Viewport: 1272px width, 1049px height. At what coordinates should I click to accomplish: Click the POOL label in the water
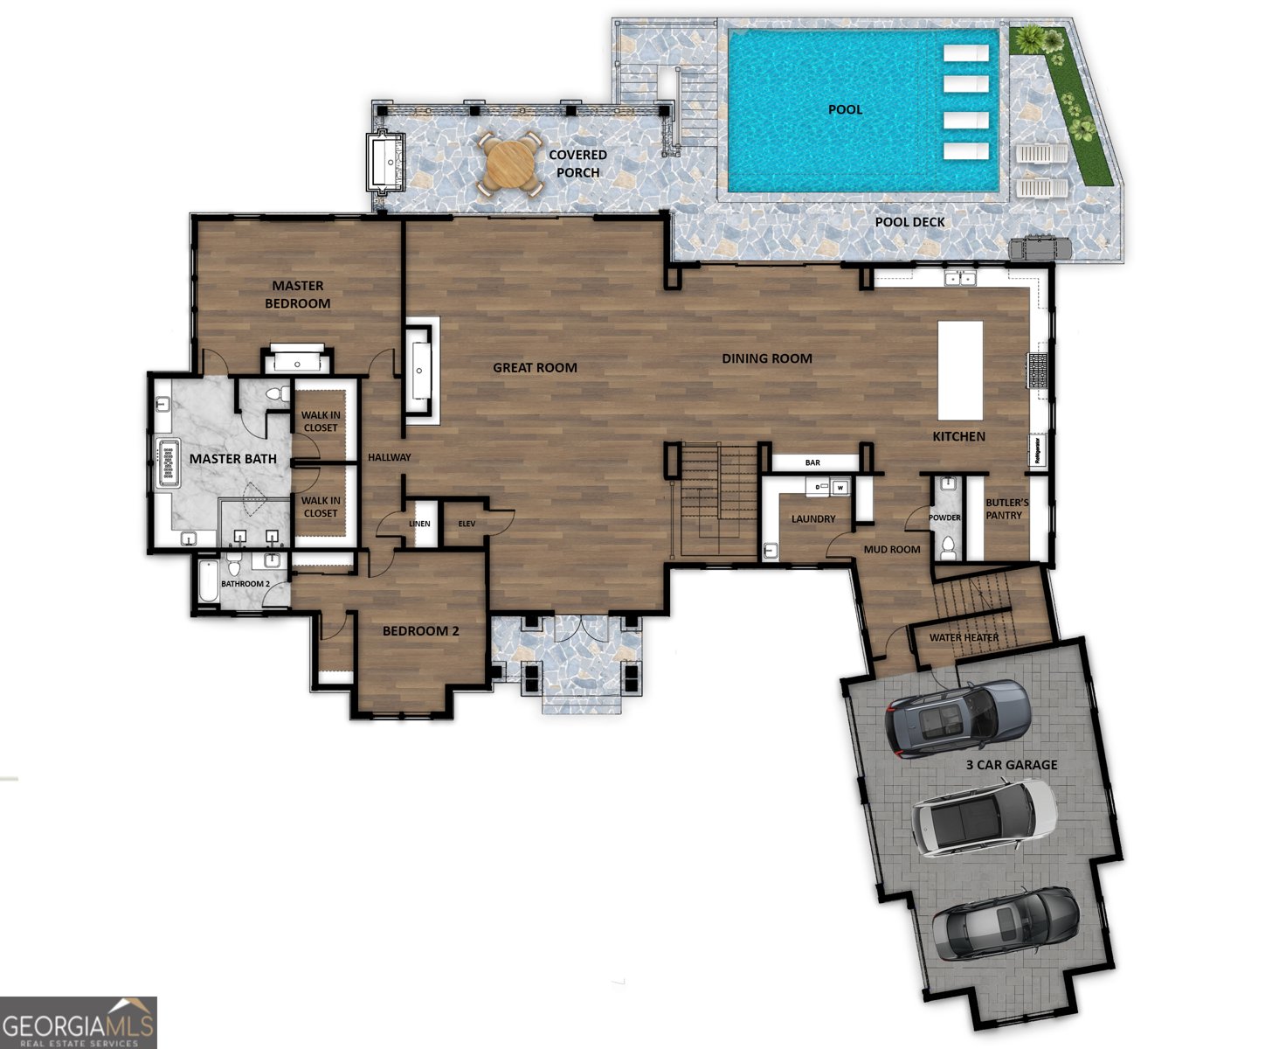click(x=845, y=109)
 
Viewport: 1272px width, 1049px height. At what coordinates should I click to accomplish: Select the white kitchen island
click(x=960, y=371)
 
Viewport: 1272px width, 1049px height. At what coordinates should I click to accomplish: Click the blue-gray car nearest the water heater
click(x=958, y=718)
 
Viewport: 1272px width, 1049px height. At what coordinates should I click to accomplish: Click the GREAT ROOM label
click(x=535, y=367)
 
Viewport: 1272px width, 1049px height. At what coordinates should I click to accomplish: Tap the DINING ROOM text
click(x=766, y=358)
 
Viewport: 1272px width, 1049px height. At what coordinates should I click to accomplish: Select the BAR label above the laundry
click(x=812, y=462)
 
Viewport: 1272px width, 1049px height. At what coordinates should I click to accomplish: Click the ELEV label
click(x=467, y=524)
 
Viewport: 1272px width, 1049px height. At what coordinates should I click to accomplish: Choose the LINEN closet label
click(x=419, y=524)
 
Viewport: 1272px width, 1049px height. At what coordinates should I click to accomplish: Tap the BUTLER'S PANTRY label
click(x=1006, y=509)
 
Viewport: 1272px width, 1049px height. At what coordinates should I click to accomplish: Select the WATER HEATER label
click(x=964, y=637)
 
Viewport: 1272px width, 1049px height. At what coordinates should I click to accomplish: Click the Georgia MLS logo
click(x=79, y=1022)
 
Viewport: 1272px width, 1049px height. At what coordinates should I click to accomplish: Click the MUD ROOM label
click(x=891, y=549)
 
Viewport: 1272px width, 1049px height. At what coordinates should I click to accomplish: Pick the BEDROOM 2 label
click(x=420, y=631)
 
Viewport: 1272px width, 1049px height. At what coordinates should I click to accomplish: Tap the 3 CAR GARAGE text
click(x=1011, y=765)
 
